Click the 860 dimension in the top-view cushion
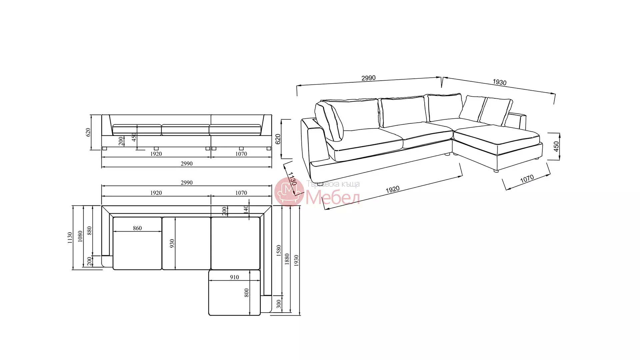click(x=137, y=228)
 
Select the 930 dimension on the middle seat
click(x=172, y=244)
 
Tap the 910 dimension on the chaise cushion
click(x=234, y=277)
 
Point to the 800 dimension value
click(x=247, y=293)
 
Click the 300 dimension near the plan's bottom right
click(x=279, y=304)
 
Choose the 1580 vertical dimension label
click(x=279, y=251)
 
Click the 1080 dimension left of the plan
click(x=80, y=236)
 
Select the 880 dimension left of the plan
click(x=89, y=231)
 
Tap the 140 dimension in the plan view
click(x=246, y=209)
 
